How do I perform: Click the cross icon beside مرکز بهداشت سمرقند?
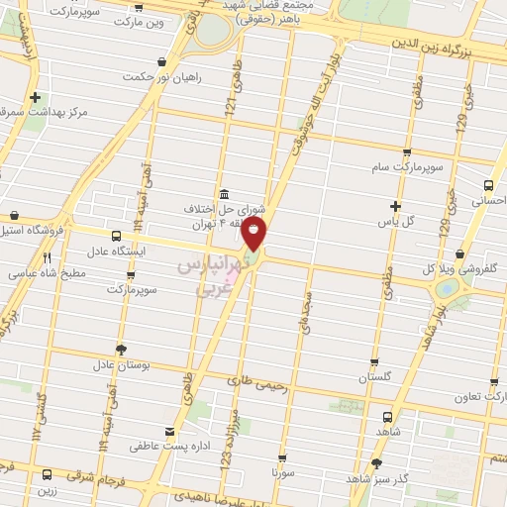36,98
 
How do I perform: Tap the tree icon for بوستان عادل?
122,350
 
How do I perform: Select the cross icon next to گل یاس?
394,207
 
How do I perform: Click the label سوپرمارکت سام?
406,167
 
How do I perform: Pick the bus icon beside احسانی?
488,184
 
